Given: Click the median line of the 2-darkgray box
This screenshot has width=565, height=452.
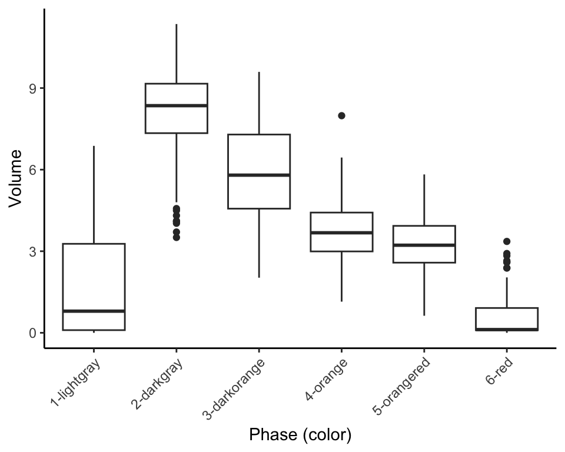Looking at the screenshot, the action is (177, 105).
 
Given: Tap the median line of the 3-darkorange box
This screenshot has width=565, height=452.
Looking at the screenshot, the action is (259, 175).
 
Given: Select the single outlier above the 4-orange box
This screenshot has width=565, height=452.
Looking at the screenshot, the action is (341, 116).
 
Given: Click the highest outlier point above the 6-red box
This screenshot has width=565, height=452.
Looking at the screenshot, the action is (507, 241).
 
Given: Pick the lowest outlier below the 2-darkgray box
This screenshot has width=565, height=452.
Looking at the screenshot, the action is (177, 237).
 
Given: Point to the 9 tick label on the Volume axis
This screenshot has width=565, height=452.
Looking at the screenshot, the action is (33, 89).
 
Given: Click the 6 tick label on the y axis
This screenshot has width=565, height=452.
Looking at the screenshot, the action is (33, 169).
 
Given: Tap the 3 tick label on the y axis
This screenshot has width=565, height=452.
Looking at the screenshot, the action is (33, 251).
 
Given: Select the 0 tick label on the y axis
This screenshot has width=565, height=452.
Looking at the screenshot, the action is (33, 333).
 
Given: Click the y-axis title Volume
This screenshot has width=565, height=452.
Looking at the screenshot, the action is (15, 179).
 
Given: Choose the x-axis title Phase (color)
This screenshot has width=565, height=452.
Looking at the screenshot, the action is (300, 435).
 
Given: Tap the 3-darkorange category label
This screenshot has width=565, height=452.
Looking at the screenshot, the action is (234, 389).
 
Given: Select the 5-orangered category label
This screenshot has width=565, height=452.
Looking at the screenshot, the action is (401, 386).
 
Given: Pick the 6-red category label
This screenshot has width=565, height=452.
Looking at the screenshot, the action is (499, 371).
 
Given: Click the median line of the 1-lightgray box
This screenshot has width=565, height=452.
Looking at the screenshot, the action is (94, 311).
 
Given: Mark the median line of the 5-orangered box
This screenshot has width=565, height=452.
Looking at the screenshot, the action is (424, 245).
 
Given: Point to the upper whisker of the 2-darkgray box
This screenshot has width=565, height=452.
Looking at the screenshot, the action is (177, 54).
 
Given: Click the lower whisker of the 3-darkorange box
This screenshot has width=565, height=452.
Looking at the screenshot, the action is (259, 243).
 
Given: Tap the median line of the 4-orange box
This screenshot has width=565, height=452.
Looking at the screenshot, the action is (341, 233).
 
